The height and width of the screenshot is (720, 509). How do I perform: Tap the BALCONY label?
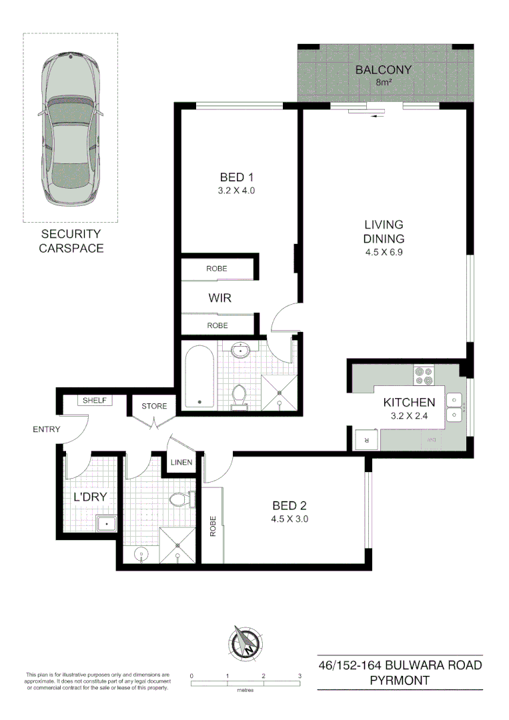tap(383, 70)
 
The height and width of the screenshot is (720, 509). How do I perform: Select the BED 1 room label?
tap(237, 177)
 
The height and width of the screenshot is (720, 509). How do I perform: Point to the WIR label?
tap(219, 298)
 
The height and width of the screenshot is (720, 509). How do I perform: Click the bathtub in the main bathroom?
tap(199, 376)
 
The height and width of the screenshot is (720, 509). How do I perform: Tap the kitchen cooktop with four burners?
tap(424, 376)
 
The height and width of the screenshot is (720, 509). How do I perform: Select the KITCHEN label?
tap(409, 402)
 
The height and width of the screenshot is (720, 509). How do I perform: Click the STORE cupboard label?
tap(154, 406)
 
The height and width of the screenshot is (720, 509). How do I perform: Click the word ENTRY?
tap(47, 429)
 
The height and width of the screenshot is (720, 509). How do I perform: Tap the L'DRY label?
tap(90, 497)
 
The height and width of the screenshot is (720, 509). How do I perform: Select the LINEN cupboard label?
tap(181, 463)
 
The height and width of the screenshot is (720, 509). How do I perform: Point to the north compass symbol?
tap(247, 643)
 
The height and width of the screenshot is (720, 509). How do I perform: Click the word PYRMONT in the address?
tap(400, 681)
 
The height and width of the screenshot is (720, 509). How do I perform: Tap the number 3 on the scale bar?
tap(300, 676)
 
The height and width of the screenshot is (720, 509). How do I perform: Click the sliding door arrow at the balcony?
tap(379, 115)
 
